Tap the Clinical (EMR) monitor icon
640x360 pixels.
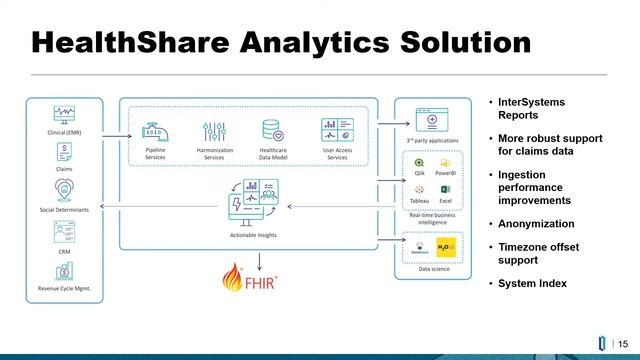coord(64,114)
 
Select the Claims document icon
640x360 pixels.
coord(64,151)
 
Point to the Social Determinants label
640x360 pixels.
coord(64,212)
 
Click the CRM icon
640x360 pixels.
coord(64,232)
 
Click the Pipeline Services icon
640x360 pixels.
coord(155,130)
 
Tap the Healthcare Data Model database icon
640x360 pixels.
coord(271,130)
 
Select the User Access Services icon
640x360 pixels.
coord(336,129)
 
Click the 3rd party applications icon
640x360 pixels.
coord(433,119)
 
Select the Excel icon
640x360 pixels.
coord(445,189)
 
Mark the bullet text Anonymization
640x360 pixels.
coord(536,224)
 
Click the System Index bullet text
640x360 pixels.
coord(532,283)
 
